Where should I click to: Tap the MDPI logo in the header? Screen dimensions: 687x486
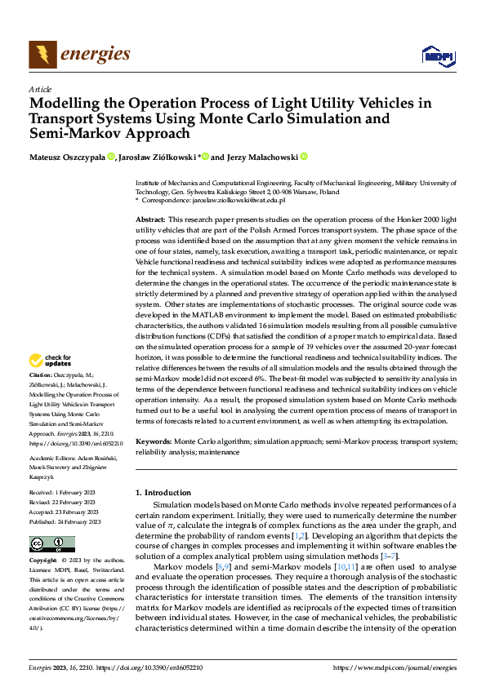coord(436,55)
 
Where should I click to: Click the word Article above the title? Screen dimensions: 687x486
coord(40,89)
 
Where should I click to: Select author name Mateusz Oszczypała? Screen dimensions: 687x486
coord(67,157)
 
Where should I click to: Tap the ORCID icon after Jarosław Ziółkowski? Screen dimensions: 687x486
coord(206,157)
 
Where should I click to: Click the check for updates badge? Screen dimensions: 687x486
coord(51,360)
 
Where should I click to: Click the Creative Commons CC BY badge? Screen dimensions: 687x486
coord(51,543)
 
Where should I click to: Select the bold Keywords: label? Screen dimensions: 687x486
coord(153,441)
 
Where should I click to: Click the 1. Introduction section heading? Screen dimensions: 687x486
coord(163,493)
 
